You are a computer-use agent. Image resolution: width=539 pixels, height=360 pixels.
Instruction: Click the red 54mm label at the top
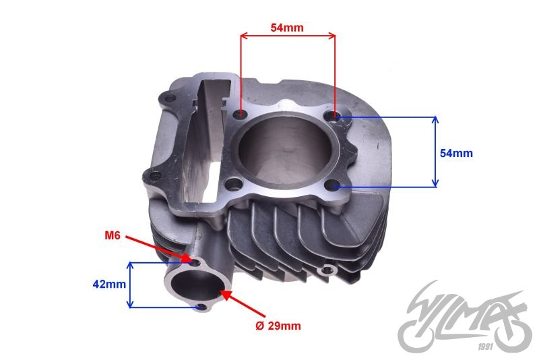(x=287, y=28)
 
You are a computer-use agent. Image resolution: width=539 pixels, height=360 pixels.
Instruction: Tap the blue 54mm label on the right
(x=456, y=153)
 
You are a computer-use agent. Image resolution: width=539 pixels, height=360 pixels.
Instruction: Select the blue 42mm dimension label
(x=109, y=284)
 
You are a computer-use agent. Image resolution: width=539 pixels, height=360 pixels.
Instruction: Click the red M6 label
(x=113, y=235)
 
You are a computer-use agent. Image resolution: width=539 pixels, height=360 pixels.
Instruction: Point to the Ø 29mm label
(x=278, y=326)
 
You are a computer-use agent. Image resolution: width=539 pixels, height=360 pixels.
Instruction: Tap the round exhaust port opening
(x=196, y=285)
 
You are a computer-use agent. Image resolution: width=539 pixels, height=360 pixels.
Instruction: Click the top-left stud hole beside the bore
(x=240, y=113)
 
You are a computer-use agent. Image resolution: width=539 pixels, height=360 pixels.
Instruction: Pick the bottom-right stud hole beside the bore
(x=331, y=186)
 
